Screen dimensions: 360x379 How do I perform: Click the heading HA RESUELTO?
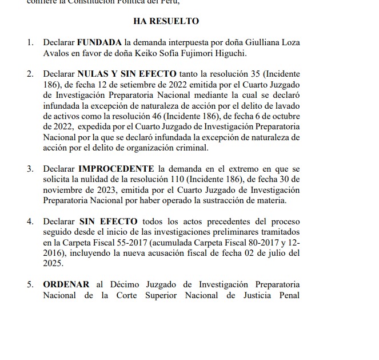point(166,21)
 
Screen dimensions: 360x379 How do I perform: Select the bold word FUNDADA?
point(99,42)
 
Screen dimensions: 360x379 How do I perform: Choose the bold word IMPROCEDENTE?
point(115,169)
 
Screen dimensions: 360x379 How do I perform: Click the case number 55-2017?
point(130,242)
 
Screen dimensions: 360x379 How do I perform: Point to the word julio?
point(264,252)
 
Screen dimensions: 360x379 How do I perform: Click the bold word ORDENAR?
point(66,284)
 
